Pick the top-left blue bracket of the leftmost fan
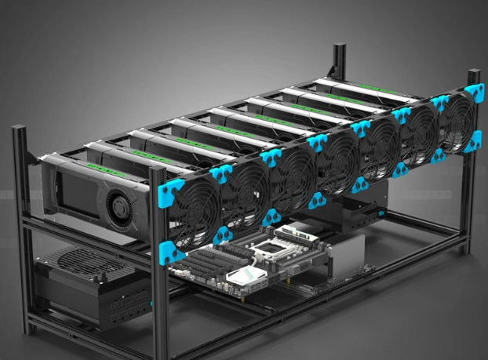pyautogui.click(x=172, y=188)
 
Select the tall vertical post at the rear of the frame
pyautogui.click(x=338, y=63)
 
